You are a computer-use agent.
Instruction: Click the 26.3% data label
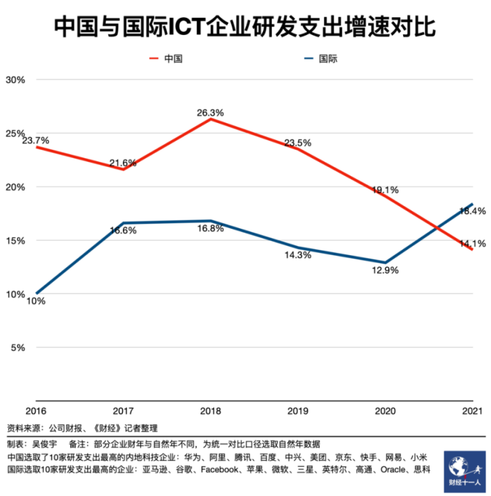pyautogui.click(x=211, y=113)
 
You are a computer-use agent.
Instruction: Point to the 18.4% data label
pyautogui.click(x=473, y=211)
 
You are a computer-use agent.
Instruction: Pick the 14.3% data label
pyautogui.click(x=298, y=255)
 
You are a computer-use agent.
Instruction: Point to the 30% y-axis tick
pyautogui.click(x=15, y=80)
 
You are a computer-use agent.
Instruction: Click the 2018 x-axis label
pyautogui.click(x=211, y=409)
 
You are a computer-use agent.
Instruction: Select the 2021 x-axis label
pyautogui.click(x=473, y=409)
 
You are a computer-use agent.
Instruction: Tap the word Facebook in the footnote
pyautogui.click(x=220, y=470)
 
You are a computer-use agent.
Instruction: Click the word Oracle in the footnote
pyautogui.click(x=394, y=470)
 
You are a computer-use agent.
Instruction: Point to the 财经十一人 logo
pyautogui.click(x=465, y=471)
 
